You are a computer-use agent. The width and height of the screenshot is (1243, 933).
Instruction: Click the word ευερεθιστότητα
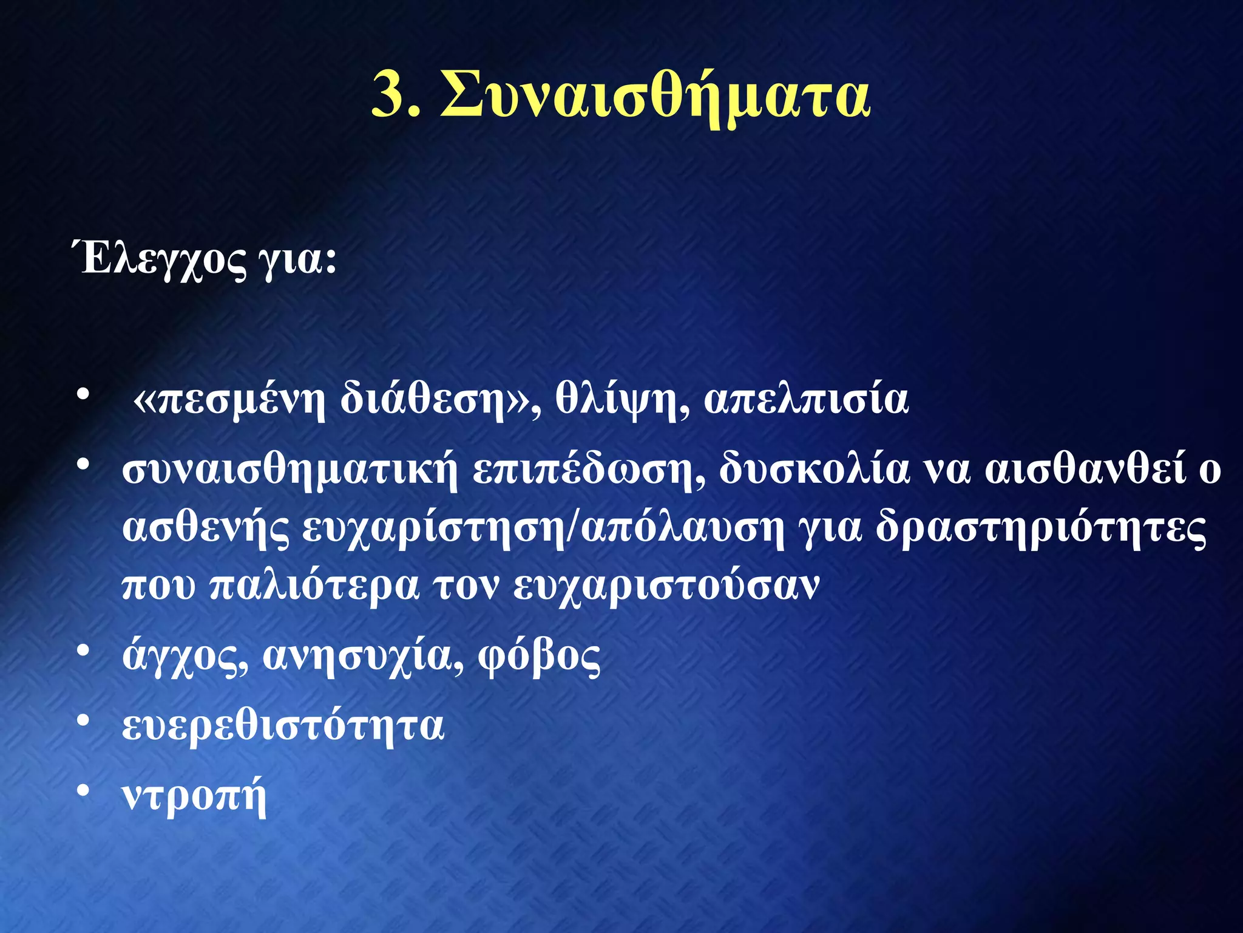coord(283,726)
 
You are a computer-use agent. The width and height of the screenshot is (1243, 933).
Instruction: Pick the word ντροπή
coord(194,796)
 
